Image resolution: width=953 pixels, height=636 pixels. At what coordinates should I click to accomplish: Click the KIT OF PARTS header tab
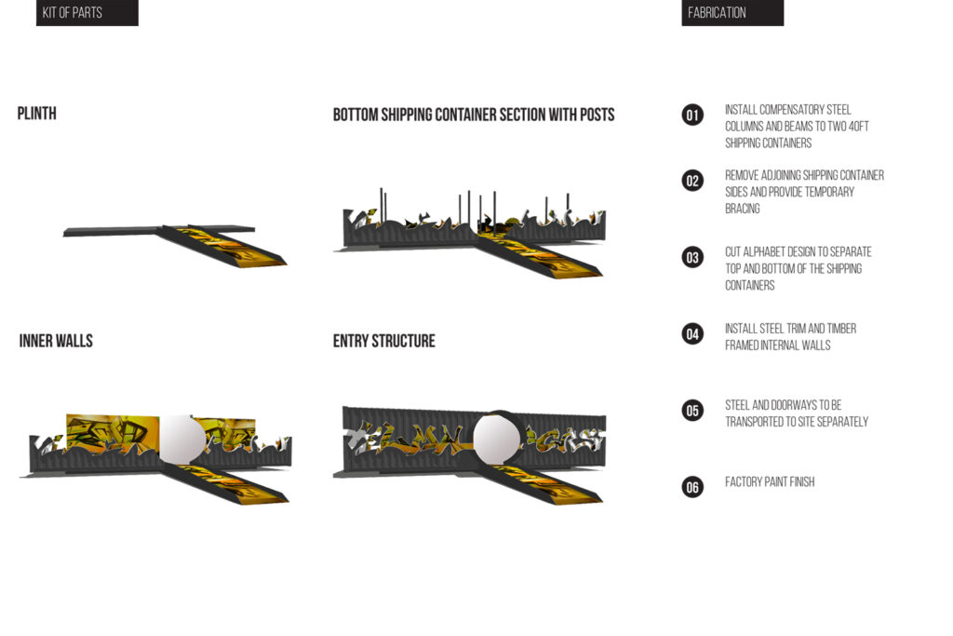click(x=86, y=13)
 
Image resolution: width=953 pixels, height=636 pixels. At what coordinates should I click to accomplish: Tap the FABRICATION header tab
click(x=732, y=13)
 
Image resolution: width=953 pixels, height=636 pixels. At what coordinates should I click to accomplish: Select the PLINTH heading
click(x=37, y=114)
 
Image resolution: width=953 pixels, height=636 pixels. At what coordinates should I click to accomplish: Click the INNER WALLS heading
click(x=56, y=341)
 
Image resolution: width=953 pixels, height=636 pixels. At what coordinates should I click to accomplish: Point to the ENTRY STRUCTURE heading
click(x=383, y=341)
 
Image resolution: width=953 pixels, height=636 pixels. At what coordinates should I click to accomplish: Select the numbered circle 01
click(x=692, y=115)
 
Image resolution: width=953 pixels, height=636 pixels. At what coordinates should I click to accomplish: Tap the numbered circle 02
click(x=692, y=181)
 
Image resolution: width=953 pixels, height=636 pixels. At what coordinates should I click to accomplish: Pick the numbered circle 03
click(x=692, y=257)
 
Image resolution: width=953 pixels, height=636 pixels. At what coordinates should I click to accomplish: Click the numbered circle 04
click(x=692, y=333)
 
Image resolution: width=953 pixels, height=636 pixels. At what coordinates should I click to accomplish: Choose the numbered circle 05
click(x=692, y=410)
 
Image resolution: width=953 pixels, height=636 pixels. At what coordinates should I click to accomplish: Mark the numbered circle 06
click(x=692, y=486)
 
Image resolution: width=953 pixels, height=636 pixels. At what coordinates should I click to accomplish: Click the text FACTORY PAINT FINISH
click(x=770, y=482)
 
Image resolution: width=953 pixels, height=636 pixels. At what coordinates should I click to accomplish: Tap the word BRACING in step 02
click(x=743, y=209)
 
